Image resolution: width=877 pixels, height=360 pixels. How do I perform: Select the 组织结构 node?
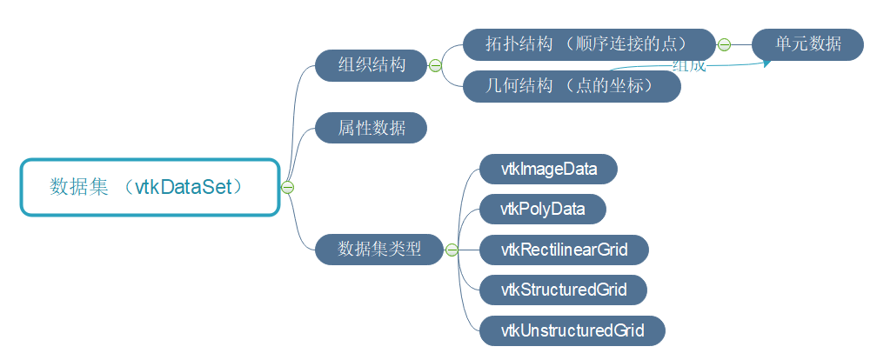click(372, 65)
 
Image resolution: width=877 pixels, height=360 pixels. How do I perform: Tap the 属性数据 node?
click(372, 128)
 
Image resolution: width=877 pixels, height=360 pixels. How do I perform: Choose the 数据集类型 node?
click(379, 250)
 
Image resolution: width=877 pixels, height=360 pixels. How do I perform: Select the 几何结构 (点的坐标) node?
click(571, 86)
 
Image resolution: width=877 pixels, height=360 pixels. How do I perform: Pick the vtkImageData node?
click(548, 169)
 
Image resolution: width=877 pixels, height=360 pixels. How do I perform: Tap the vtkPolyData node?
click(542, 210)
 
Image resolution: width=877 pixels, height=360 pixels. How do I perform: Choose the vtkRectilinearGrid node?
click(564, 250)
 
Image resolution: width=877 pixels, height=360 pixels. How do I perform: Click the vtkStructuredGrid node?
click(564, 290)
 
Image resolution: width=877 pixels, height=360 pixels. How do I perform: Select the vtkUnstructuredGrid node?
click(572, 330)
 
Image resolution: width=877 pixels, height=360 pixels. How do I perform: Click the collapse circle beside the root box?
click(288, 187)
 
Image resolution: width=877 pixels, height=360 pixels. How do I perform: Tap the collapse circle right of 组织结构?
click(435, 65)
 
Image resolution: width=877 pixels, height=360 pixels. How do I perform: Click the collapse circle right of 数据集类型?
click(452, 250)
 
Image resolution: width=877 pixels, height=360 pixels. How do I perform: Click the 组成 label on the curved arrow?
click(689, 66)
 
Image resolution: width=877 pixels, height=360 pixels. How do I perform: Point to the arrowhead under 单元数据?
click(768, 62)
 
